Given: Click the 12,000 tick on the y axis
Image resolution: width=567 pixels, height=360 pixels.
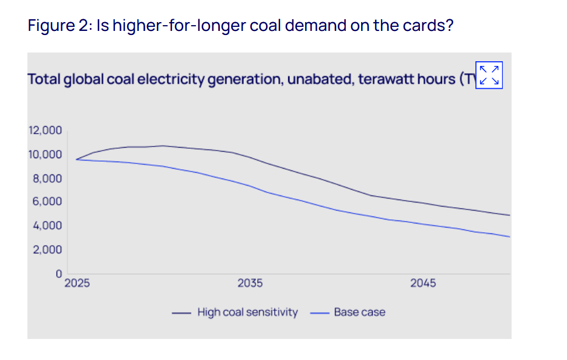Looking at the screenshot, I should pyautogui.click(x=45, y=131).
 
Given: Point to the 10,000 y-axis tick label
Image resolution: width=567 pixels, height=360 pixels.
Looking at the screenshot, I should pyautogui.click(x=45, y=155).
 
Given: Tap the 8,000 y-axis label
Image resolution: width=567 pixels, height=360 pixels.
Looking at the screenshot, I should pyautogui.click(x=46, y=179).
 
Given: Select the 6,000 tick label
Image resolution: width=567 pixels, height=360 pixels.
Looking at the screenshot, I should pyautogui.click(x=46, y=202).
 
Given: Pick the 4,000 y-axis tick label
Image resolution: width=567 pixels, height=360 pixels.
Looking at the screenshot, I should pyautogui.click(x=46, y=226).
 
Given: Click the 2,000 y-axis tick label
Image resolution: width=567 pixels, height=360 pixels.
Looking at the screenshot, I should pyautogui.click(x=46, y=250).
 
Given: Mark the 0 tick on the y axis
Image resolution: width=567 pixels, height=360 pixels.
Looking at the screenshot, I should pyautogui.click(x=58, y=274).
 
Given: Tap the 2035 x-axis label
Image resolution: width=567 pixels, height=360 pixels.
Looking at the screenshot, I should pyautogui.click(x=250, y=284).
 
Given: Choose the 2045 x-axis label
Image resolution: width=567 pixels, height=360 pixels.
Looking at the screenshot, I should pyautogui.click(x=423, y=284).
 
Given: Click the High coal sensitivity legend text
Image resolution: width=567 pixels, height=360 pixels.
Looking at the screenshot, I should pyautogui.click(x=247, y=312).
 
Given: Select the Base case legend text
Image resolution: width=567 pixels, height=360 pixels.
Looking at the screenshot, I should pyautogui.click(x=359, y=312).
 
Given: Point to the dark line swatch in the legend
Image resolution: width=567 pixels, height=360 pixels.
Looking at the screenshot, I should pyautogui.click(x=181, y=313).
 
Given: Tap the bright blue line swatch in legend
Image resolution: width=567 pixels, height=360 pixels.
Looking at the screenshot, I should pyautogui.click(x=319, y=313).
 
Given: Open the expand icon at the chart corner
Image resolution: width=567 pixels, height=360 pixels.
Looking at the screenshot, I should pyautogui.click(x=489, y=75).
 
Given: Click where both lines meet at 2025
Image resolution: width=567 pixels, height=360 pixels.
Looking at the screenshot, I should pyautogui.click(x=76, y=159).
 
